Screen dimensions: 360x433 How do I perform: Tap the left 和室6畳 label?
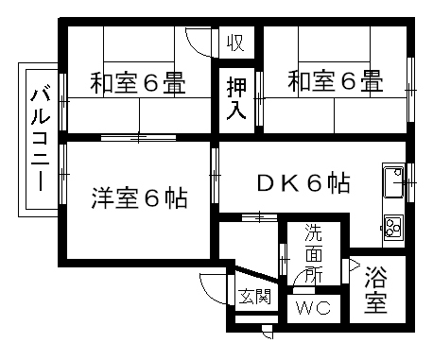tap(136, 82)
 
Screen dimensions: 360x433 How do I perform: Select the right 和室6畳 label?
tap(336, 82)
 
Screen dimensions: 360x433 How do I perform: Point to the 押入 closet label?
tap(236, 98)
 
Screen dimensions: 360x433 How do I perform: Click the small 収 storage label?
tap(236, 43)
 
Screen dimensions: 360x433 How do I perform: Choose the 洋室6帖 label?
tap(138, 198)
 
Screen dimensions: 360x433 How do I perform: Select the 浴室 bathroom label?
tap(375, 290)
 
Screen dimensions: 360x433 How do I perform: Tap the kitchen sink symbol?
tap(392, 182)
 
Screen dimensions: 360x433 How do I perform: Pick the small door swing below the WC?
tap(267, 330)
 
